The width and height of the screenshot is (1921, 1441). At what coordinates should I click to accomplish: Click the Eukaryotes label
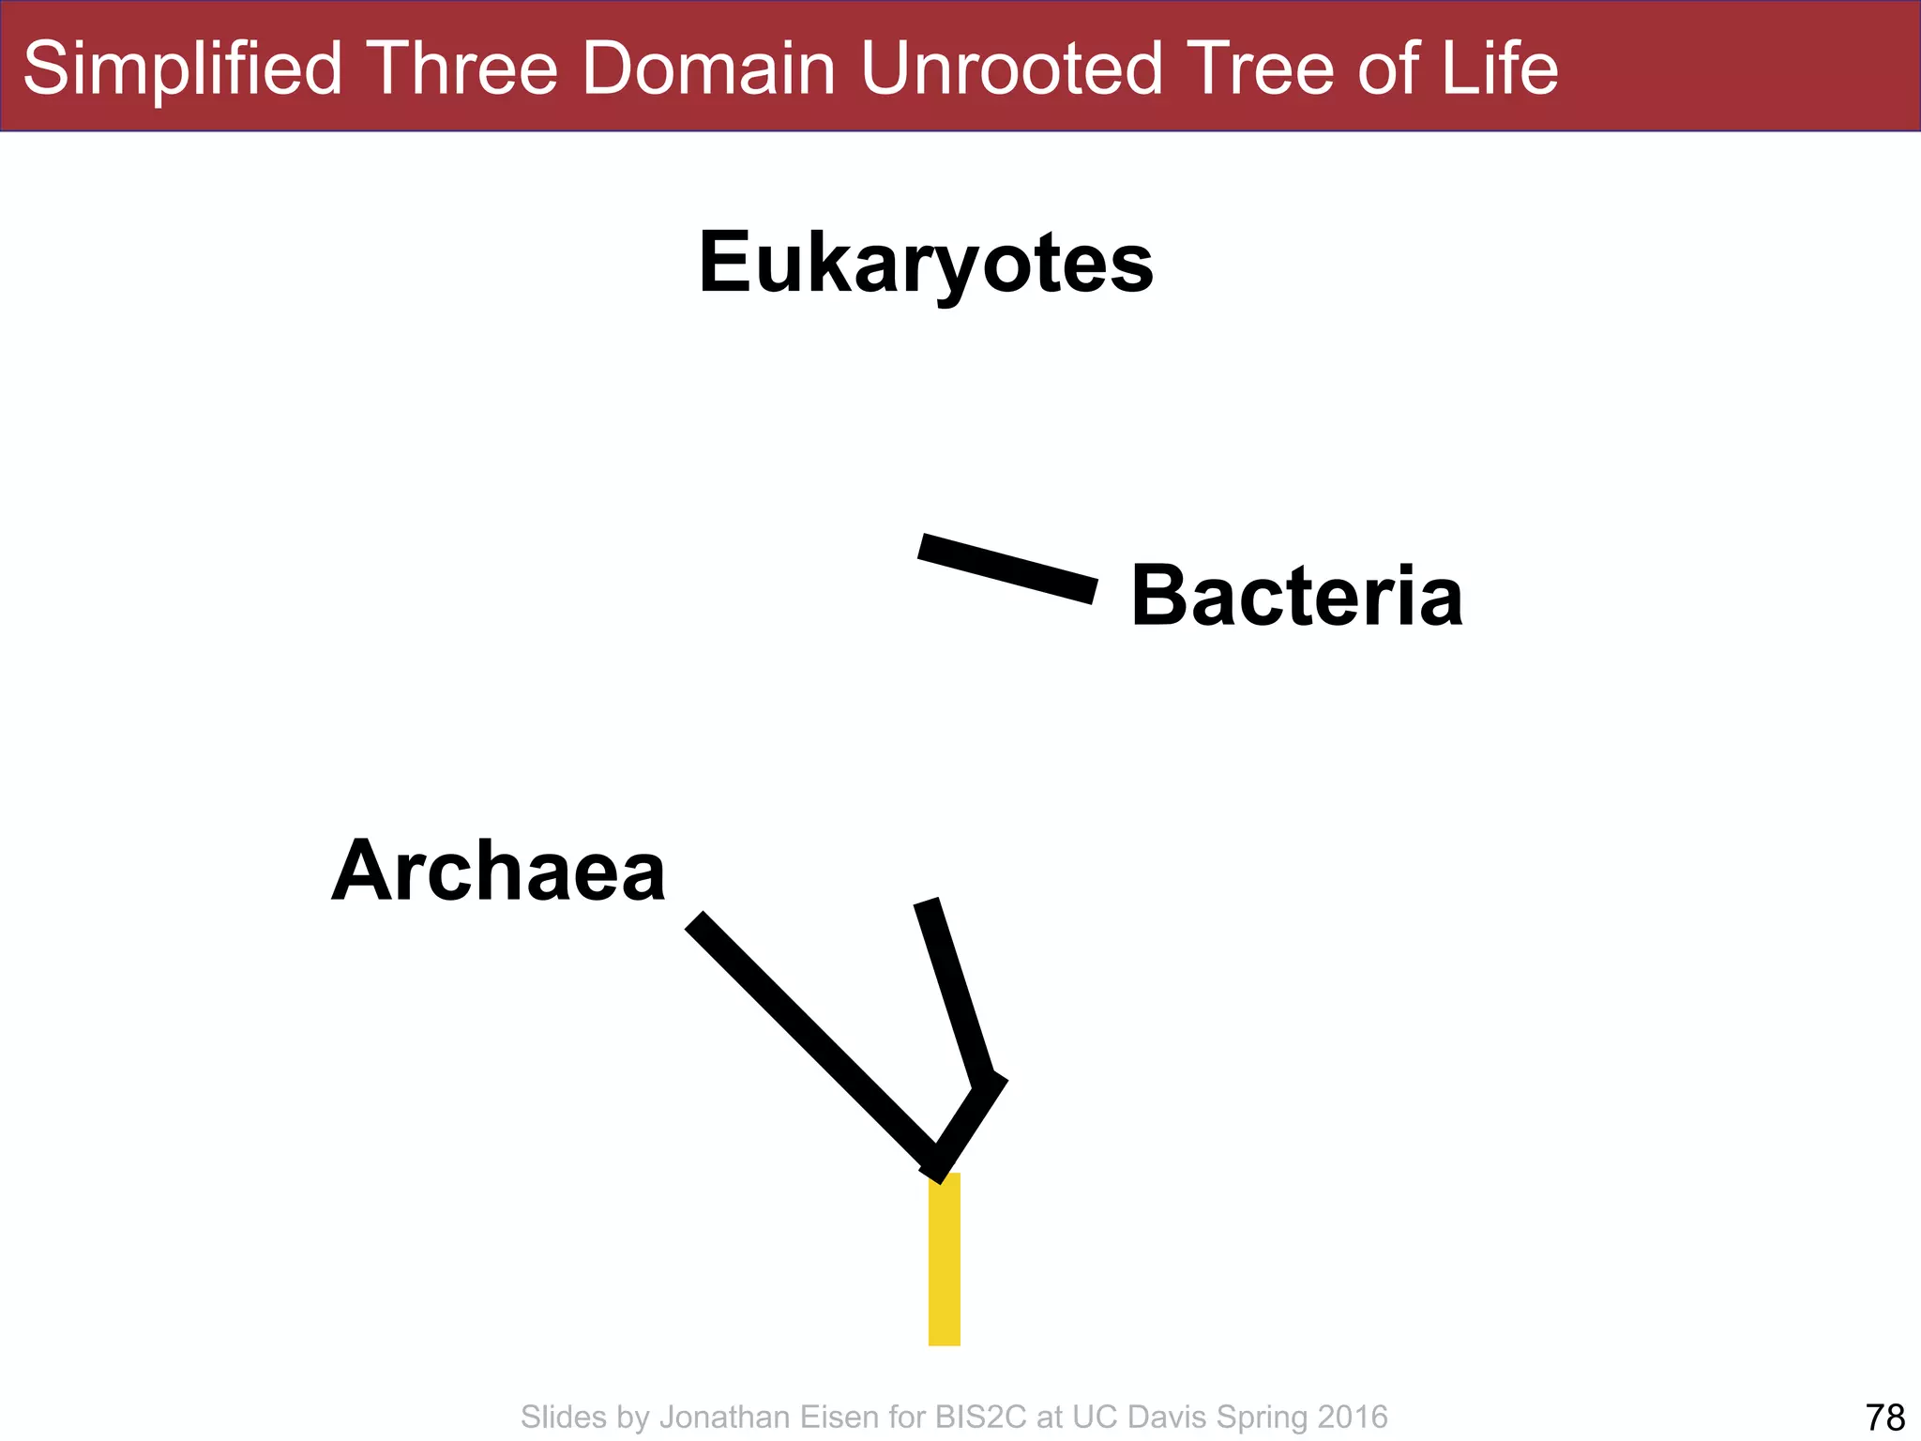click(926, 264)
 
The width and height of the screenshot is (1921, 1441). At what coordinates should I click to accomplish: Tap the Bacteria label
click(1296, 597)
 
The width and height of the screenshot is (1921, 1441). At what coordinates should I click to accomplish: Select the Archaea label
click(498, 872)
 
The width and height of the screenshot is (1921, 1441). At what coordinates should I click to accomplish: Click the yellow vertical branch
click(944, 1259)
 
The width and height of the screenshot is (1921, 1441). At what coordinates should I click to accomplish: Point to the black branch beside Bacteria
click(1007, 569)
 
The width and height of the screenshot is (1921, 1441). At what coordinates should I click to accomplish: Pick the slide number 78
click(1884, 1417)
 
